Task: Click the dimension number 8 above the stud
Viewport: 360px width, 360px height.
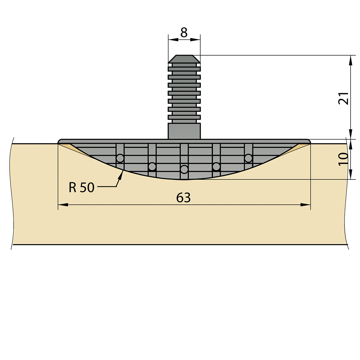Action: (x=184, y=33)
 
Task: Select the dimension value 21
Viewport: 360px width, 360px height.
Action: (x=344, y=98)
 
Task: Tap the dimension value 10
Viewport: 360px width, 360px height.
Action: (x=344, y=159)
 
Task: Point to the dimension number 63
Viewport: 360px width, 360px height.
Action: (x=183, y=197)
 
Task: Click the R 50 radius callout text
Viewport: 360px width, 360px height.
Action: (x=81, y=187)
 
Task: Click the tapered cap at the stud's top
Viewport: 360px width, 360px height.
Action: (x=184, y=59)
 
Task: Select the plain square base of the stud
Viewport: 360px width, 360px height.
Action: (x=184, y=131)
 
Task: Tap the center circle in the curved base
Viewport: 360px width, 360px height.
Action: (x=184, y=170)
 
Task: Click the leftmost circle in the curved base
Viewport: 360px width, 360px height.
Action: (x=120, y=158)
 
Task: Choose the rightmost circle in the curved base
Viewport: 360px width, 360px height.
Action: (x=249, y=158)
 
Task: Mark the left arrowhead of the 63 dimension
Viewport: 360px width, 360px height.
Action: (x=63, y=205)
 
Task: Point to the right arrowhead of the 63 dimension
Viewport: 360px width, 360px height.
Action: (x=305, y=205)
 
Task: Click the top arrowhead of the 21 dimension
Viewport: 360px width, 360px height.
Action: (x=351, y=60)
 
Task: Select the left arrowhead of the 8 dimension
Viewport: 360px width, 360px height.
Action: (x=173, y=39)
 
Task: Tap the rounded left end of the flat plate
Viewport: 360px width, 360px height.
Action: (x=60, y=141)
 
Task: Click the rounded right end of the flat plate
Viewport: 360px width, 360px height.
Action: (x=309, y=141)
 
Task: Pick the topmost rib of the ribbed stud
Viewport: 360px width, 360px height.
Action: (x=184, y=69)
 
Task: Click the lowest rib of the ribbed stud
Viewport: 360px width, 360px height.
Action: (x=184, y=117)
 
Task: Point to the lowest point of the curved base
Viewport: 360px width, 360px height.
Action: (x=184, y=180)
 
